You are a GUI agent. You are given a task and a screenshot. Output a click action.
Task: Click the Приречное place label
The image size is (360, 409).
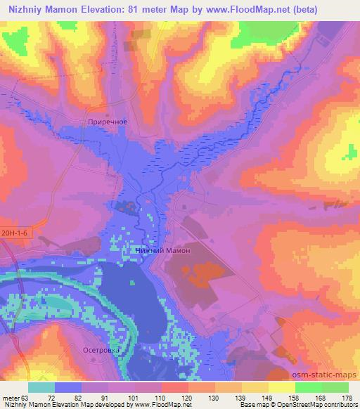point(108,122)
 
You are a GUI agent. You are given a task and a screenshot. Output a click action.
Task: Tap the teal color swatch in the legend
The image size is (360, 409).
point(41,387)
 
